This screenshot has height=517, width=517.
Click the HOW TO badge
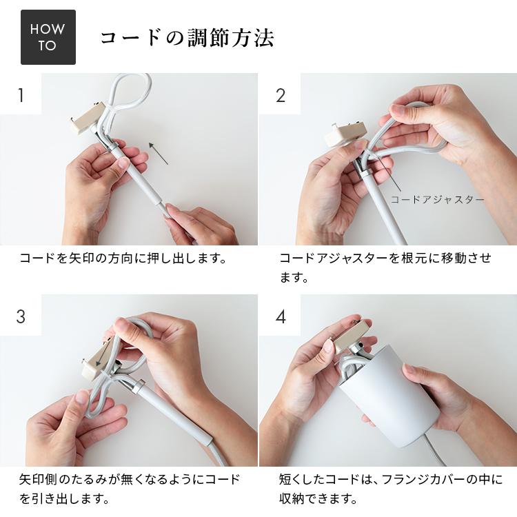click(48, 37)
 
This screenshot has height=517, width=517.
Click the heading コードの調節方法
click(187, 38)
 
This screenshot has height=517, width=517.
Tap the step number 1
click(21, 94)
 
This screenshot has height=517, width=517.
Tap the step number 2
click(280, 94)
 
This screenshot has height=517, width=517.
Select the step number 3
click(21, 316)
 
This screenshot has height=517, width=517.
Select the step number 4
click(280, 316)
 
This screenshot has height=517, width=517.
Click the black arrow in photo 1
click(159, 153)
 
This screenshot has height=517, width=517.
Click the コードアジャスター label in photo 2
click(437, 200)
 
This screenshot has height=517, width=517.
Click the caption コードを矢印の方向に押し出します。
click(123, 259)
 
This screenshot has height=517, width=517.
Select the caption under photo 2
click(385, 267)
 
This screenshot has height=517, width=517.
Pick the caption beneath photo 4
click(390, 488)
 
